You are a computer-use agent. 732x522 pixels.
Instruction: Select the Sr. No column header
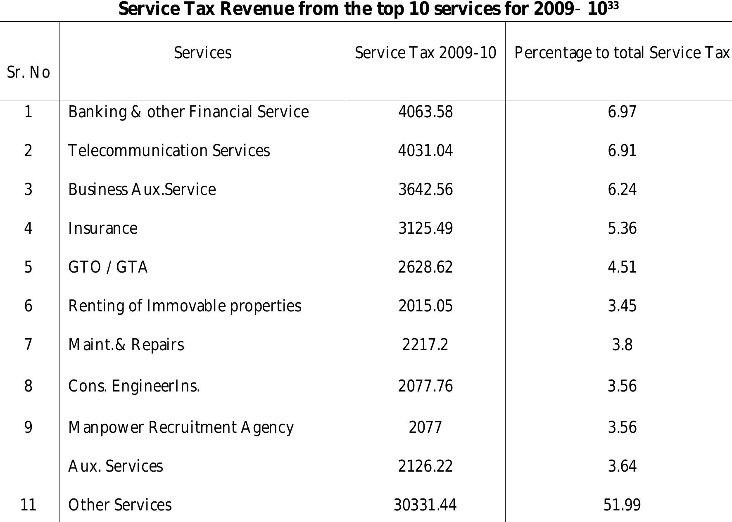click(x=28, y=72)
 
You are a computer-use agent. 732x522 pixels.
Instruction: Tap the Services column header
click(x=202, y=53)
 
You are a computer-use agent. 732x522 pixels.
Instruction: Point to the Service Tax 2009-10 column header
click(x=425, y=53)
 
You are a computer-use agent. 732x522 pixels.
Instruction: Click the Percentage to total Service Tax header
click(x=622, y=53)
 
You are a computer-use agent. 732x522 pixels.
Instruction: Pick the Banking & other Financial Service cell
click(x=188, y=112)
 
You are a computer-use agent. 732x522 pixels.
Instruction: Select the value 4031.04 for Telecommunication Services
click(x=425, y=151)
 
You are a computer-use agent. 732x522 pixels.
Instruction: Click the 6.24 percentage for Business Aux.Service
click(x=622, y=190)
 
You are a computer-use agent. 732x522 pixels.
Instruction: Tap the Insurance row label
click(x=103, y=228)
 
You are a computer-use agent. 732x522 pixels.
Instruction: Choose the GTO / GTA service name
click(x=108, y=267)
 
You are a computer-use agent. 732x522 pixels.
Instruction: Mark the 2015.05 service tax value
click(x=425, y=306)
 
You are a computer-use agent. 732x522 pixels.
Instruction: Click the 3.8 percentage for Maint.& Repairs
click(x=622, y=344)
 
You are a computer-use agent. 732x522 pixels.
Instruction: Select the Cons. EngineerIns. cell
click(x=134, y=386)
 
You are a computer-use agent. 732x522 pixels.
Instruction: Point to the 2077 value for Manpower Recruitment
click(x=425, y=427)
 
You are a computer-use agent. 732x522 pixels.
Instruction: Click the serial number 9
click(x=28, y=427)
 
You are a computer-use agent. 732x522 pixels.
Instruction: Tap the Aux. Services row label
click(x=116, y=466)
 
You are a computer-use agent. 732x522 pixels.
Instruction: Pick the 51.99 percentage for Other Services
click(x=622, y=505)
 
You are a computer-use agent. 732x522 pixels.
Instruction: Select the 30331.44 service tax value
click(x=425, y=505)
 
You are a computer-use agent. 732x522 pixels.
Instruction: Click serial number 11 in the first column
click(x=28, y=505)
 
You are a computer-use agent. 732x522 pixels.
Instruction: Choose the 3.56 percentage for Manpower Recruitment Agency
click(x=622, y=427)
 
